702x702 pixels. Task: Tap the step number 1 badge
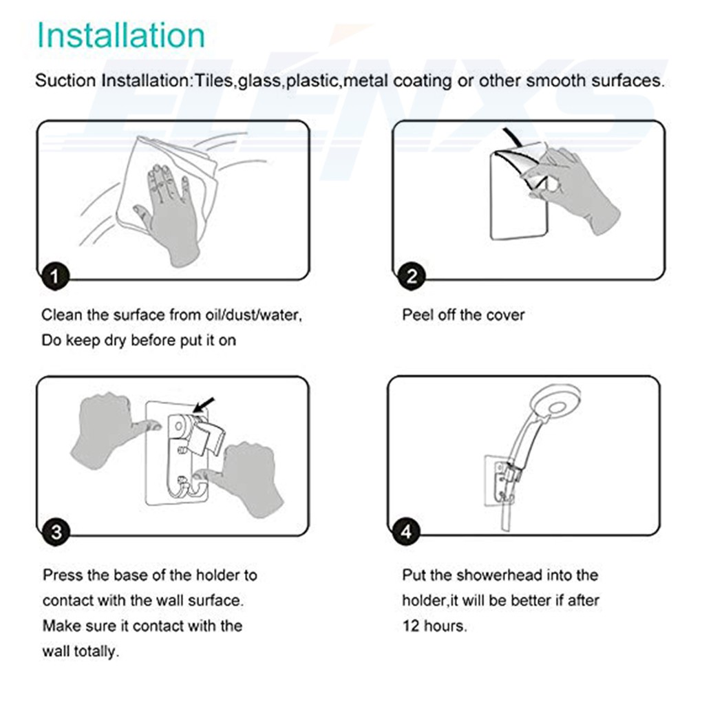[x=55, y=276]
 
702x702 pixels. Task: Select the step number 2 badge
[x=412, y=276]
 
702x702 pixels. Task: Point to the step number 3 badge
[x=56, y=532]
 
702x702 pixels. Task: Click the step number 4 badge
[x=406, y=531]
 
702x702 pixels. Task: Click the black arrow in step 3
[x=204, y=405]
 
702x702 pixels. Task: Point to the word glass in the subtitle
[x=260, y=81]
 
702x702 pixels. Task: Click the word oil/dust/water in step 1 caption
[x=254, y=315]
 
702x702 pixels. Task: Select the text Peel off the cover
[x=463, y=315]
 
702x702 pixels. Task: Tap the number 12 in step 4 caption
[x=411, y=626]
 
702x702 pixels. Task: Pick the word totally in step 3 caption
[x=97, y=651]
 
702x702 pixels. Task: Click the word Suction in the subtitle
[x=65, y=81]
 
